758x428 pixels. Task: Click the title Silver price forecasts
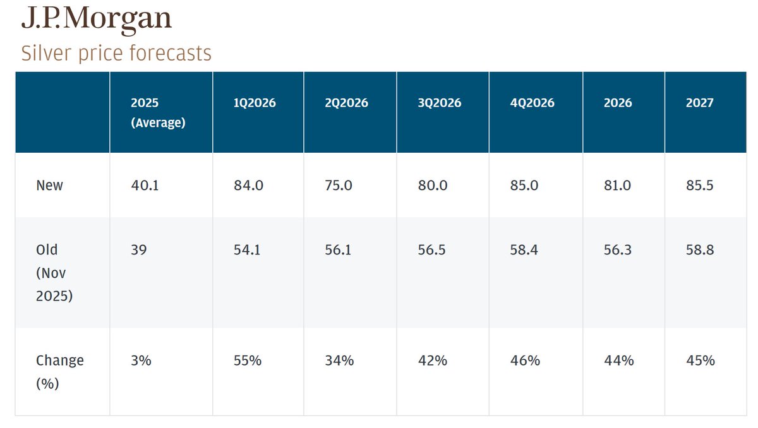pyautogui.click(x=116, y=53)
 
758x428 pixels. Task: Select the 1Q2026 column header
pyautogui.click(x=255, y=103)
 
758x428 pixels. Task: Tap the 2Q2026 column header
pyautogui.click(x=346, y=103)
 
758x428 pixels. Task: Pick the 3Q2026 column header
pyautogui.click(x=439, y=103)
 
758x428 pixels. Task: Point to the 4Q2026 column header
pyautogui.click(x=532, y=103)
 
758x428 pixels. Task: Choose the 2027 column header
pyautogui.click(x=699, y=103)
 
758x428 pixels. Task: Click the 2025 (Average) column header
pyautogui.click(x=158, y=112)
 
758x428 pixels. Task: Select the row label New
pyautogui.click(x=50, y=186)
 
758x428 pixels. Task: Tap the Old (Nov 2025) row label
pyautogui.click(x=54, y=272)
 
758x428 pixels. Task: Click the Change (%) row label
pyautogui.click(x=59, y=371)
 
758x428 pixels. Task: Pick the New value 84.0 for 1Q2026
pyautogui.click(x=247, y=186)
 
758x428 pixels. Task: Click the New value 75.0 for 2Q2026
pyautogui.click(x=339, y=186)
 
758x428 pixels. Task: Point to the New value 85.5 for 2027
pyautogui.click(x=700, y=186)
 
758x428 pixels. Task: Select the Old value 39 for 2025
pyautogui.click(x=138, y=250)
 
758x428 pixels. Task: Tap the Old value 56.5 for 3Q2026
pyautogui.click(x=431, y=250)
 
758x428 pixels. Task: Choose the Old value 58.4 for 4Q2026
pyautogui.click(x=524, y=250)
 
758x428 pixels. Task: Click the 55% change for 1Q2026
pyautogui.click(x=248, y=360)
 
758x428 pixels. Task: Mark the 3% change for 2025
pyautogui.click(x=140, y=360)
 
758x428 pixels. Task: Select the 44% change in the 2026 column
pyautogui.click(x=618, y=360)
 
